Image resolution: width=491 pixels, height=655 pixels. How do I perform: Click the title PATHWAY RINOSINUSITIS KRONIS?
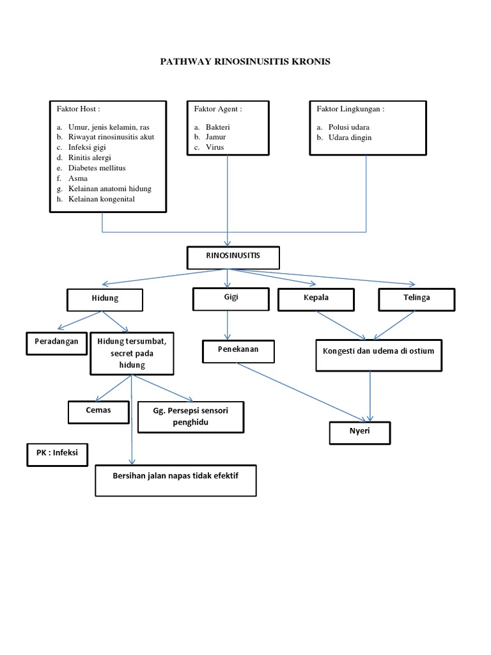(x=245, y=62)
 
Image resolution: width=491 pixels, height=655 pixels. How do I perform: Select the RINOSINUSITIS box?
(x=233, y=258)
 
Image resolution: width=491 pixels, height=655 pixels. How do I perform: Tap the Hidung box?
(x=105, y=299)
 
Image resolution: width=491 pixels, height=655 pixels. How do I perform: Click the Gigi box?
(x=231, y=299)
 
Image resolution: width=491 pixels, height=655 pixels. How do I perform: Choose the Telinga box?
(x=417, y=299)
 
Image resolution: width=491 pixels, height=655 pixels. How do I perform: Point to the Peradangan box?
(x=56, y=343)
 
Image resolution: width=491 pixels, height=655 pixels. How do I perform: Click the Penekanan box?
(x=239, y=351)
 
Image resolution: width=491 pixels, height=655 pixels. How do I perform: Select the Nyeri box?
(x=359, y=432)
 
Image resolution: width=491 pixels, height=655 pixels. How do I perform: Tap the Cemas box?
(x=98, y=411)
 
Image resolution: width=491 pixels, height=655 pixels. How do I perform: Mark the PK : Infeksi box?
(x=57, y=454)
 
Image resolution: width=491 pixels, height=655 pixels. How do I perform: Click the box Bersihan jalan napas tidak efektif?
(x=176, y=480)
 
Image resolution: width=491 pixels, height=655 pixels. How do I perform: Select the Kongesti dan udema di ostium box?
(x=378, y=355)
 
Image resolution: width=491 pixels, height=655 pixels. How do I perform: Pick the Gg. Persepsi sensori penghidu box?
(x=191, y=416)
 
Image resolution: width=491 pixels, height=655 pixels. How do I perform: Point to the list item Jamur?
(x=215, y=137)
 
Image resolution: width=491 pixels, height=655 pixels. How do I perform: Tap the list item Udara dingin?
(x=350, y=138)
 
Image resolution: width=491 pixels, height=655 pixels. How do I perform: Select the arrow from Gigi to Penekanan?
(x=228, y=326)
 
